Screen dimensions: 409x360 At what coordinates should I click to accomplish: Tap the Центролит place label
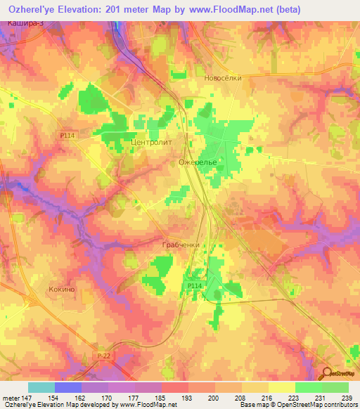point(151,141)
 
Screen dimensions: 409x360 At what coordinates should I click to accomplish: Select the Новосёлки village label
point(223,78)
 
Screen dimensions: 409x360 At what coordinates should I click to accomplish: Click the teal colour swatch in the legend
point(41,387)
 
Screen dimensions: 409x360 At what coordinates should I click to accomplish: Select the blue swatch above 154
point(68,387)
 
